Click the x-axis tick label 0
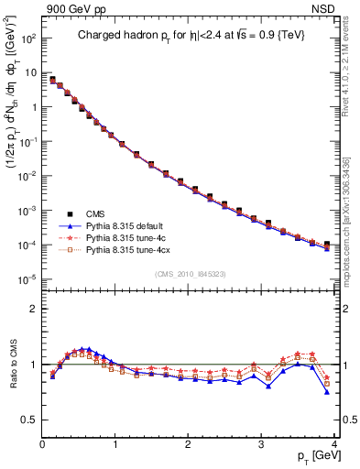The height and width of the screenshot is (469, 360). point(42,444)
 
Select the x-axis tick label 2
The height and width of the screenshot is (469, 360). point(189,444)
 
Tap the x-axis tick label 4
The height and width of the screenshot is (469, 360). point(334,444)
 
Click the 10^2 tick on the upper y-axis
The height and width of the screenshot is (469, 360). point(27,38)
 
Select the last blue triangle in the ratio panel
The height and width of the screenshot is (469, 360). point(327,392)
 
